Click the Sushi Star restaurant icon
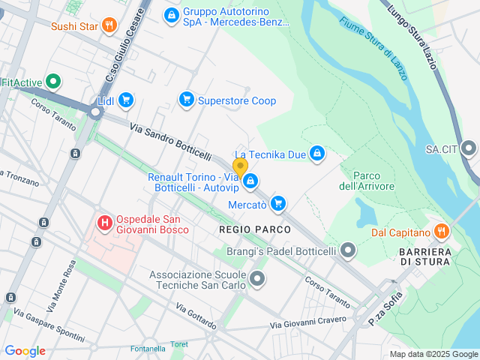(109, 25)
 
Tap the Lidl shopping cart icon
(125, 100)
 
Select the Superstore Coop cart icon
(186, 100)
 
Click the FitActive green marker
(53, 82)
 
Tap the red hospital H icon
(105, 223)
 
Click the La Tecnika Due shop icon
(317, 154)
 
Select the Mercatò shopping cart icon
(278, 203)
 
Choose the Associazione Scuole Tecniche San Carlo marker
(257, 280)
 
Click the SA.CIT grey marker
(469, 148)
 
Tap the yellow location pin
(240, 166)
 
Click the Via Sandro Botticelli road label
(170, 141)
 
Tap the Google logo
(25, 351)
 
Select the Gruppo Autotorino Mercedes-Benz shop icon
(171, 14)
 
